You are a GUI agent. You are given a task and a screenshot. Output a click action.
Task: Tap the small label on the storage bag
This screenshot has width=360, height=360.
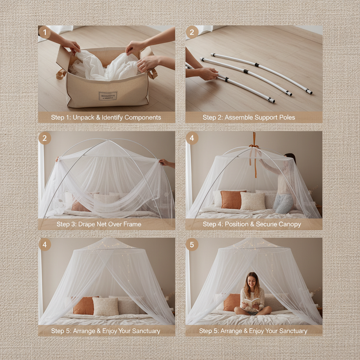pos(108,96)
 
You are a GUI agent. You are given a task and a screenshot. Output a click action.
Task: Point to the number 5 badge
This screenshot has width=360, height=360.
pos(192,245)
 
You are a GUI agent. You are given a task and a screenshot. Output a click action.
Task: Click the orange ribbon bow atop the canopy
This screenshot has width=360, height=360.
pos(254,145)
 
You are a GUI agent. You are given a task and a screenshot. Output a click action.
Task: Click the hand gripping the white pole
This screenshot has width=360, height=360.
pos(208,73)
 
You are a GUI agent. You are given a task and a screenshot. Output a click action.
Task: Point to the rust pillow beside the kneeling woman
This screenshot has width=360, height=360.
pos(233,200)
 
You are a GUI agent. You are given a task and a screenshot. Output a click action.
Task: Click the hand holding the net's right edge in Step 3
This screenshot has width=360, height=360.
pos(164,162)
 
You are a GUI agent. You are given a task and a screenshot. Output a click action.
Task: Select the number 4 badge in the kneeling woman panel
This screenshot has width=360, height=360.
pos(192,138)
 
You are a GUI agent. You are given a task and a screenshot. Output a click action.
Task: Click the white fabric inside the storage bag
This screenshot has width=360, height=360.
pos(105,67)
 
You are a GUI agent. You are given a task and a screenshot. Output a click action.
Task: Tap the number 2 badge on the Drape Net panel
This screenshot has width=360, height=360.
pos(45,138)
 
